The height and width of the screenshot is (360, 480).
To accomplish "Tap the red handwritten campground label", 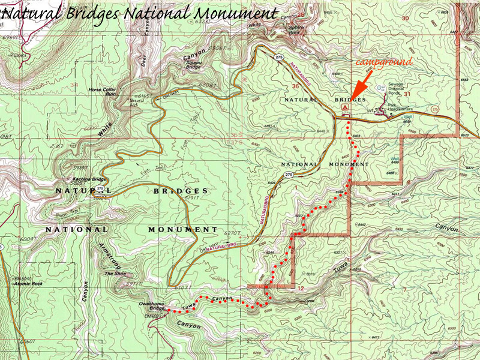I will [383, 61].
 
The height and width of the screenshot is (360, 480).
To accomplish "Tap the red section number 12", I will [301, 288].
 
